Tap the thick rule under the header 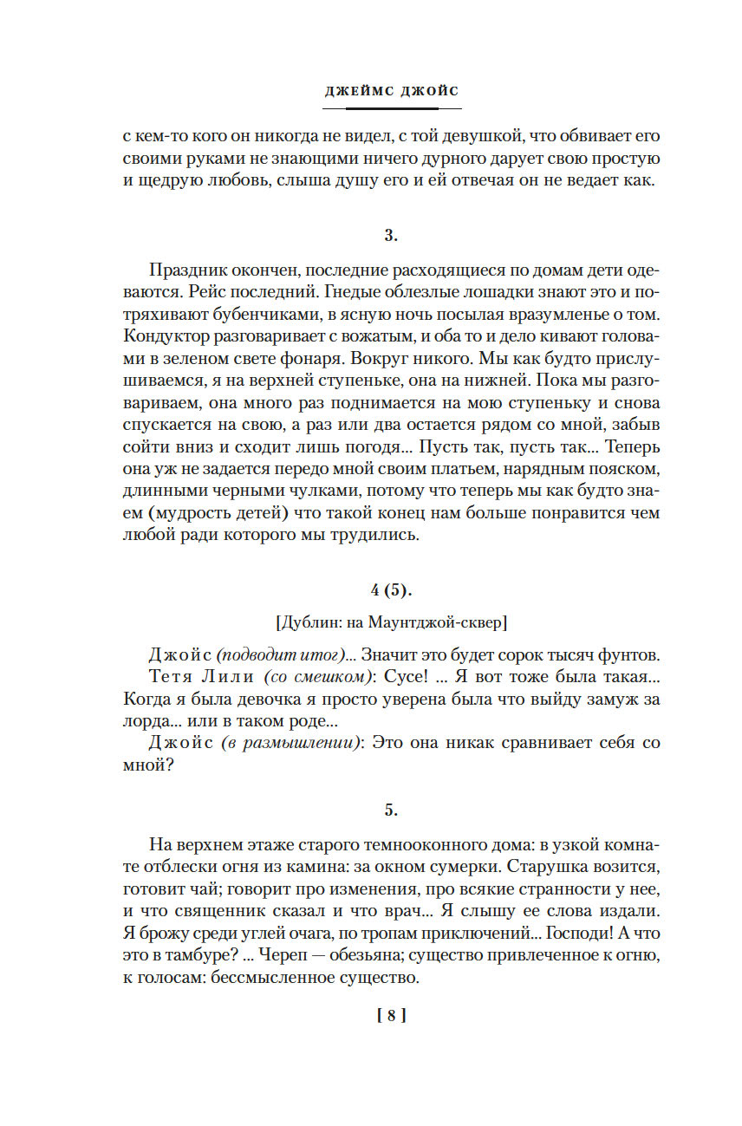click(392, 108)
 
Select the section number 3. click(391, 235)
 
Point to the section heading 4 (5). click(392, 590)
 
